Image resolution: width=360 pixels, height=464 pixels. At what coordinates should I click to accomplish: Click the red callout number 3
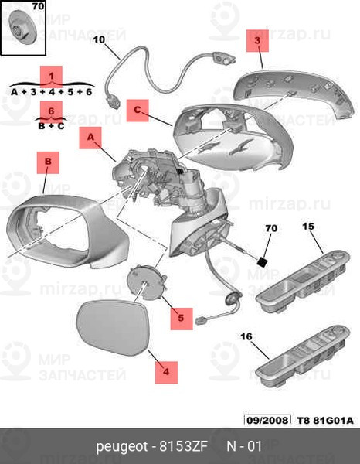[257, 40]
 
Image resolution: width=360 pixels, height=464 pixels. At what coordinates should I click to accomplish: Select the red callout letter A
[90, 138]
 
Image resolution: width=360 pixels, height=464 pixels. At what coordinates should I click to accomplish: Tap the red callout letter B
[48, 162]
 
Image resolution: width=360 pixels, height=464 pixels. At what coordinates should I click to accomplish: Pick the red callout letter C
[138, 111]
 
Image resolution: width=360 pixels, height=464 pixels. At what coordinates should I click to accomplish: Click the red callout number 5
[182, 319]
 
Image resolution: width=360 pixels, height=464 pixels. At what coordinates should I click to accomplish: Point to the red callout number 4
[166, 372]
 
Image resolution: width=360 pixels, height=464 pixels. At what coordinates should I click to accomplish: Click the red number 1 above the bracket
[52, 77]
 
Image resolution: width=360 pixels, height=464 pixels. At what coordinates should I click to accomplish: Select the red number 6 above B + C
[51, 111]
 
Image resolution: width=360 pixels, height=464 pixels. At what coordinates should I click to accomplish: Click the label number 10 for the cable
[99, 39]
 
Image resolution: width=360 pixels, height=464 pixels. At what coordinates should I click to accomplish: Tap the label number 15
[308, 227]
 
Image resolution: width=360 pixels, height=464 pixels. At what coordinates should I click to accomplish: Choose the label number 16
[246, 336]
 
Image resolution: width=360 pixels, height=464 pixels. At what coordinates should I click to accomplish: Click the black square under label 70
[263, 262]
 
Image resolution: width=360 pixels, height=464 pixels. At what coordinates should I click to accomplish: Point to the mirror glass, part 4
[112, 327]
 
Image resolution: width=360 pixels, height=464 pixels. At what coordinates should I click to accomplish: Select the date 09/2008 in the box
[267, 420]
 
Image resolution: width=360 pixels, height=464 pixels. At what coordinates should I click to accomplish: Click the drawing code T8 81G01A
[324, 421]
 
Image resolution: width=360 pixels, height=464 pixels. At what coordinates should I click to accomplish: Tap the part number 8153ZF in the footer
[184, 446]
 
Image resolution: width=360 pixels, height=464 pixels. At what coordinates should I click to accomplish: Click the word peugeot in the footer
[122, 447]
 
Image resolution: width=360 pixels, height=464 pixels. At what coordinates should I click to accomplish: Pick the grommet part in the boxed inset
[23, 27]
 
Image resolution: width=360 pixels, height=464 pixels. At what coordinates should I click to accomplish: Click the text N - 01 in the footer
[244, 446]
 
